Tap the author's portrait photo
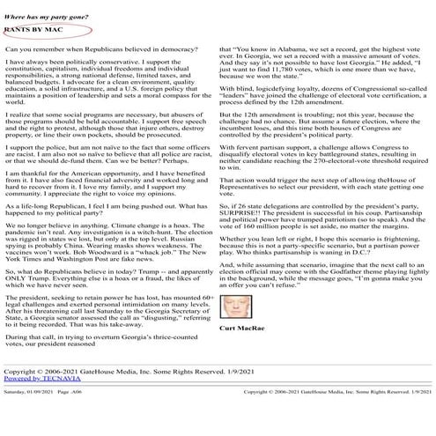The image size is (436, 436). point(235,307)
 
